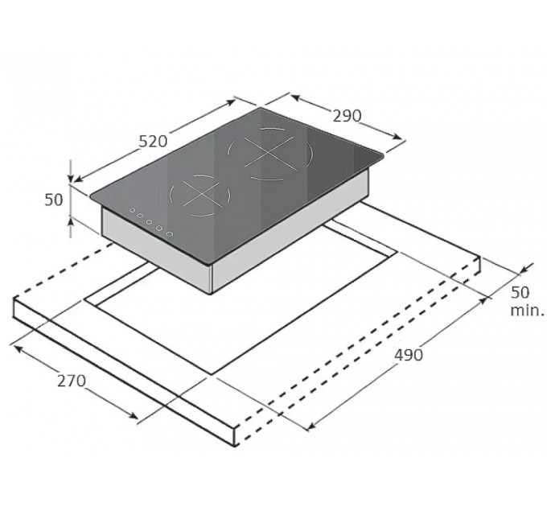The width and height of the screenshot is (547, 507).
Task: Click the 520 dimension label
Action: pos(153,142)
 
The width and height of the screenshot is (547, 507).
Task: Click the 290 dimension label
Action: pos(348,116)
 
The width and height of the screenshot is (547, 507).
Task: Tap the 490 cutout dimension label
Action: pos(409,355)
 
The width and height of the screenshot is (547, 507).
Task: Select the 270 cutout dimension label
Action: pos(72,381)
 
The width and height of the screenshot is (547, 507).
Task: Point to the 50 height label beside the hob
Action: pos(54,200)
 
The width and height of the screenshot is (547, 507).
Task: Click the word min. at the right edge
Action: pos(527,310)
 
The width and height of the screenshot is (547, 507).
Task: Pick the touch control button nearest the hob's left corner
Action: pos(132,210)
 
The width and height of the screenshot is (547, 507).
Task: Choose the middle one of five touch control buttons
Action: pos(150,221)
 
